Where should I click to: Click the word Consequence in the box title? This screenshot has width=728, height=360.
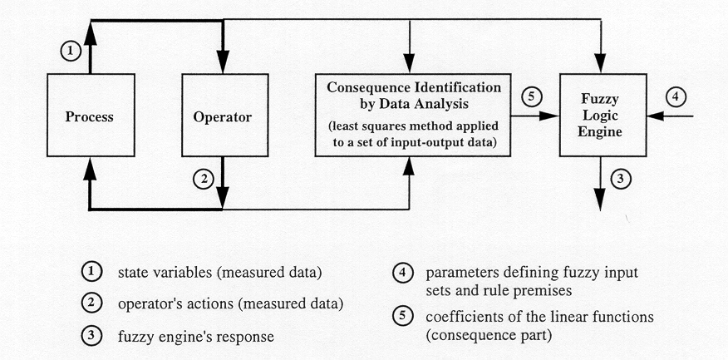click(x=362, y=88)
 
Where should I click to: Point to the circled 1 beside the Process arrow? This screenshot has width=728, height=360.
click(x=71, y=52)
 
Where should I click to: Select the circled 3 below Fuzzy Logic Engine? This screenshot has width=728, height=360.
click(x=620, y=179)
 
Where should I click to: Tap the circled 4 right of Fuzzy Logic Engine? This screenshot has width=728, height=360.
click(x=676, y=97)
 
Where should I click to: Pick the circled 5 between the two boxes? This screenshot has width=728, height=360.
click(x=530, y=97)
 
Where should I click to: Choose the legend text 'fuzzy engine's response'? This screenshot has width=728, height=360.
click(x=195, y=337)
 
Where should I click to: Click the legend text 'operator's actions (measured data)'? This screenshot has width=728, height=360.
click(x=230, y=305)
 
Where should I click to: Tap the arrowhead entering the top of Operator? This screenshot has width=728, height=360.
click(x=224, y=62)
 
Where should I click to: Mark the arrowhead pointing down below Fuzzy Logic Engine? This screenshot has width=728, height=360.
click(x=601, y=200)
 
